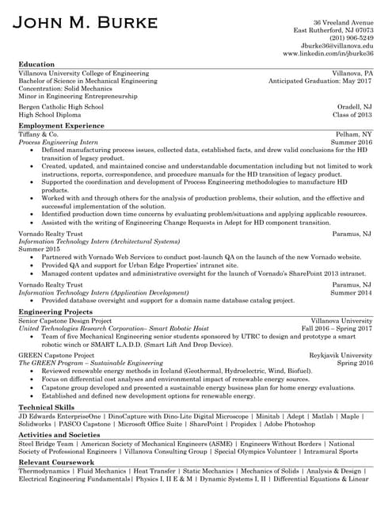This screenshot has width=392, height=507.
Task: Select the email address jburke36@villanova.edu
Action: click(337, 46)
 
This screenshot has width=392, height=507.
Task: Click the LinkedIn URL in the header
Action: click(328, 54)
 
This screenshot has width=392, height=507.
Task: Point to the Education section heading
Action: click(36, 64)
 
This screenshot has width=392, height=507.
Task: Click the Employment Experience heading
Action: click(61, 125)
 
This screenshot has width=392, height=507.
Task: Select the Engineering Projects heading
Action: click(56, 312)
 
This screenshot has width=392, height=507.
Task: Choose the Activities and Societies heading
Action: click(59, 435)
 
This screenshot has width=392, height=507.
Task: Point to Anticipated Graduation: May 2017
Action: click(320, 81)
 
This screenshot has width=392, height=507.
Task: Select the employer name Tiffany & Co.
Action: click(38, 134)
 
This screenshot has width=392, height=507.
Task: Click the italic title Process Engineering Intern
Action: click(58, 142)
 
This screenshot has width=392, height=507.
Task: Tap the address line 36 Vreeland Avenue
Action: click(343, 22)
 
